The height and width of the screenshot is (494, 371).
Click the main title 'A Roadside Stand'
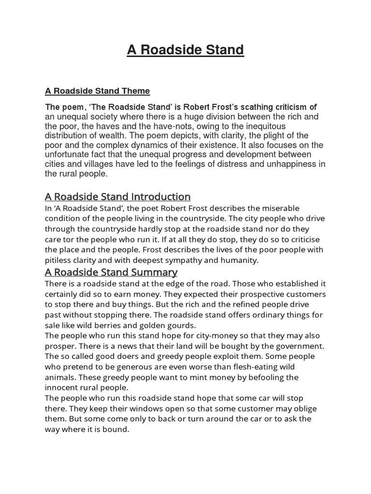pyautogui.click(x=185, y=50)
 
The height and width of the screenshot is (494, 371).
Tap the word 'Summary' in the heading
pyautogui.click(x=155, y=272)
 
